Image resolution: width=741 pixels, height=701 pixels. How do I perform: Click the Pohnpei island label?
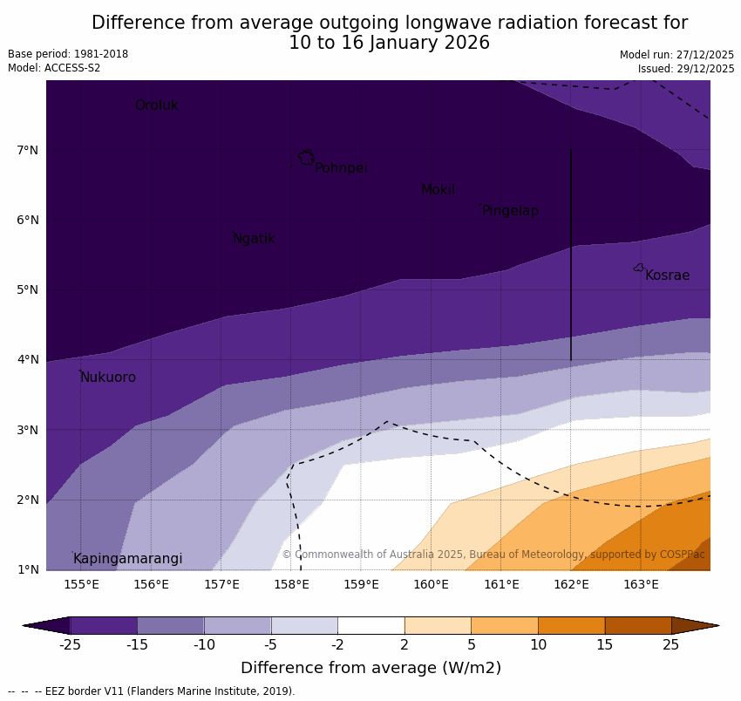pyautogui.click(x=341, y=168)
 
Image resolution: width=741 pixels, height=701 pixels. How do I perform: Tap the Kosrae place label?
pyautogui.click(x=667, y=276)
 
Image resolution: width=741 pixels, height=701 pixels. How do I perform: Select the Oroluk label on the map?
pyautogui.click(x=156, y=105)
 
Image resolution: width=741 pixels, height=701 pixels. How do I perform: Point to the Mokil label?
pyautogui.click(x=438, y=190)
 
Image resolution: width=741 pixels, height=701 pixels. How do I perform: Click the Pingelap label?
pyautogui.click(x=510, y=211)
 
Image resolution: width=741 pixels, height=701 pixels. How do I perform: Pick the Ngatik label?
pyautogui.click(x=254, y=239)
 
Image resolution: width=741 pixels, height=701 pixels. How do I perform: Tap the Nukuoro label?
pyautogui.click(x=108, y=378)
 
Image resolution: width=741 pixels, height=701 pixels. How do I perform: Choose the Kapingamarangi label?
pyautogui.click(x=128, y=559)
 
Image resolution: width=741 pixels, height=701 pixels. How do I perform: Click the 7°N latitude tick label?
pyautogui.click(x=28, y=150)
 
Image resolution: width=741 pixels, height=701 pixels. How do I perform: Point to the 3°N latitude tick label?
pyautogui.click(x=28, y=430)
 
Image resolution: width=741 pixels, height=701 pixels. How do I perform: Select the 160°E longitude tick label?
pyautogui.click(x=431, y=584)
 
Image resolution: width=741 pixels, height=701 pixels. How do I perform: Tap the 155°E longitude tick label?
pyautogui.click(x=81, y=584)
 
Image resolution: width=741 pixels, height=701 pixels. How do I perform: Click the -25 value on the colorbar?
pyautogui.click(x=70, y=645)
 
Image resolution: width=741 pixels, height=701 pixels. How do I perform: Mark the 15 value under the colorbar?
pyautogui.click(x=605, y=645)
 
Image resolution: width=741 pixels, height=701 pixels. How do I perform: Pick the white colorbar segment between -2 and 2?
pyautogui.click(x=370, y=625)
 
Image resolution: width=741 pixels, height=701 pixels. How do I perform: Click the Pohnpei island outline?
pyautogui.click(x=306, y=158)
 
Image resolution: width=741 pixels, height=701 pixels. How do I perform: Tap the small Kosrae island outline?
pyautogui.click(x=639, y=268)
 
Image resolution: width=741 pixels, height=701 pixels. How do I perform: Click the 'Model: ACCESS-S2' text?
pyautogui.click(x=54, y=68)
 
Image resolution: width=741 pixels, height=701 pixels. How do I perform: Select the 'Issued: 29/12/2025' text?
pyautogui.click(x=685, y=68)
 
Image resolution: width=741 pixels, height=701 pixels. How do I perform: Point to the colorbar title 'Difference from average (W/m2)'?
pyautogui.click(x=370, y=668)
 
